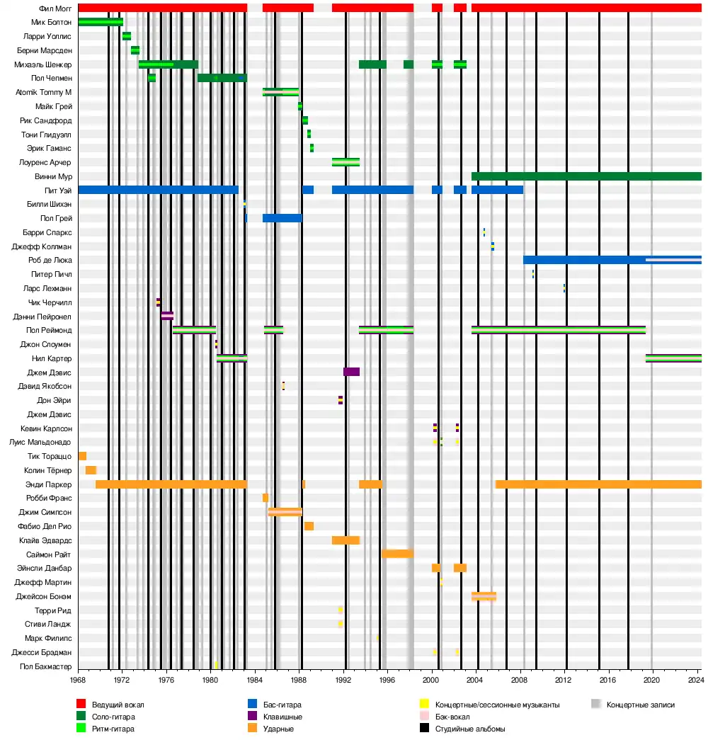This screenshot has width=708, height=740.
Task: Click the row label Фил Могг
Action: coord(55,8)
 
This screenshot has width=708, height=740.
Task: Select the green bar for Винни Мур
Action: coord(586,176)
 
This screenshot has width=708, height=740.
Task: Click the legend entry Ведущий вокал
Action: coord(113,705)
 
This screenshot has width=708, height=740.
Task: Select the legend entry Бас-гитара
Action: coord(273,705)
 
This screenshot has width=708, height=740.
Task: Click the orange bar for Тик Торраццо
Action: coord(82,456)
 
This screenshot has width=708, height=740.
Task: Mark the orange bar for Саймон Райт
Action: coord(397,554)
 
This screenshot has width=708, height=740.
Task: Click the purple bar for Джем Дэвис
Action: coord(351,372)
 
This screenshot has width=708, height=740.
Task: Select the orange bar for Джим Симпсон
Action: coord(285,512)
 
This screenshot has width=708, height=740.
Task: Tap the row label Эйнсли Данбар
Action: coord(52,568)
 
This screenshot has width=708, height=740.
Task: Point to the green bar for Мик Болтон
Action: coord(101,22)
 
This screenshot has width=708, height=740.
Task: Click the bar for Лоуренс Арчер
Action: coord(346,162)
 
